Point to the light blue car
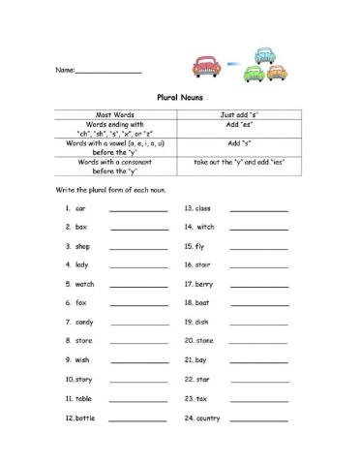(266, 59)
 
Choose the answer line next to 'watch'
(138, 285)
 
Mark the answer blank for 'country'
(258, 419)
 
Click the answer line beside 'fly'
(258, 247)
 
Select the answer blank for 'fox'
(138, 303)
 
